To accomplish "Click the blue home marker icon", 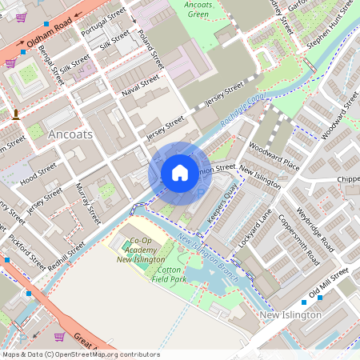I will pyautogui.click(x=180, y=173).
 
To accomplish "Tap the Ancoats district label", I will pyautogui.click(x=70, y=134).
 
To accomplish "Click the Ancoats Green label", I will pyautogui.click(x=198, y=9).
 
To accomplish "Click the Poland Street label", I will pyautogui.click(x=150, y=50).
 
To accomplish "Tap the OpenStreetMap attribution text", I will pyautogui.click(x=81, y=354).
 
